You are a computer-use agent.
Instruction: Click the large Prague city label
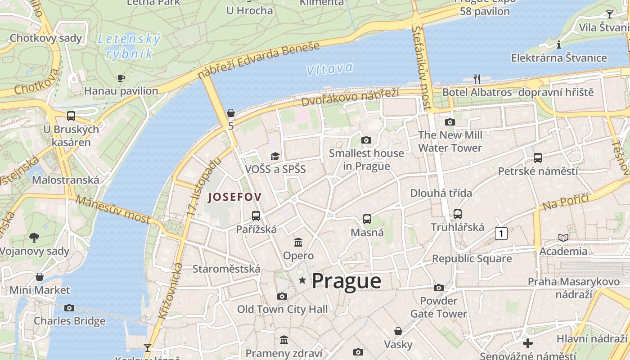(x=346, y=281)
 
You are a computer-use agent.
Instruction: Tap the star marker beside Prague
(x=302, y=281)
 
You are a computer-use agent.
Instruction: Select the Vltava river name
(x=329, y=69)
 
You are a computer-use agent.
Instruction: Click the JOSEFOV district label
(x=234, y=197)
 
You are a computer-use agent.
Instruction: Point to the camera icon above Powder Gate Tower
(x=439, y=288)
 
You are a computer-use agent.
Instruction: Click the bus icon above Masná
(x=367, y=219)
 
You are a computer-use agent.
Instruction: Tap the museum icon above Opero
(x=298, y=243)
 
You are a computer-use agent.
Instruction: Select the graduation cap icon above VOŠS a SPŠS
(x=275, y=156)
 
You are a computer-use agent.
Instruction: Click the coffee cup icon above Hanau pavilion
(x=121, y=78)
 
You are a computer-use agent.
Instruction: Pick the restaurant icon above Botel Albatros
(x=477, y=79)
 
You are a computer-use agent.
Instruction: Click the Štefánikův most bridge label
(x=422, y=67)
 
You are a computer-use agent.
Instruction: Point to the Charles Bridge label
(x=70, y=321)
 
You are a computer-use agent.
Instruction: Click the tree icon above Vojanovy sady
(x=34, y=238)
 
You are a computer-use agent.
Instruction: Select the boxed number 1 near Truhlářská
(x=501, y=233)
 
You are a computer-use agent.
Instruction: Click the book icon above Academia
(x=563, y=238)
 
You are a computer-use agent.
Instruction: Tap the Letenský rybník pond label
(x=129, y=47)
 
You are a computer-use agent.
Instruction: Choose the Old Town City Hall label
(x=282, y=309)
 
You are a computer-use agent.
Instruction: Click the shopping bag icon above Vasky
(x=398, y=331)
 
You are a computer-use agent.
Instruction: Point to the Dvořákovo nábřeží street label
(x=350, y=96)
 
